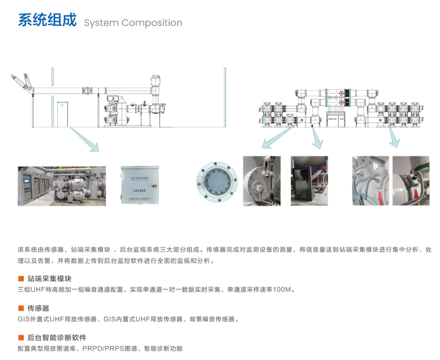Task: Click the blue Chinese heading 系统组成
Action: pyautogui.click(x=47, y=20)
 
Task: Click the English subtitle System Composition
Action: pyautogui.click(x=133, y=23)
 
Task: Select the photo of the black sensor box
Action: pyautogui.click(x=309, y=181)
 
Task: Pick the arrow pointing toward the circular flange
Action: pyautogui.click(x=277, y=136)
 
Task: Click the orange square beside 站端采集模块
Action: pyautogui.click(x=21, y=279)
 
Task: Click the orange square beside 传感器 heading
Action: pyautogui.click(x=21, y=308)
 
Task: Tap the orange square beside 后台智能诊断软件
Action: pyautogui.click(x=21, y=338)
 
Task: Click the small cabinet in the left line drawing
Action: pyautogui.click(x=62, y=114)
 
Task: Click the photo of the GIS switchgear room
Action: pyautogui.click(x=62, y=186)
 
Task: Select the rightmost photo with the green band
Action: pyautogui.click(x=410, y=181)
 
